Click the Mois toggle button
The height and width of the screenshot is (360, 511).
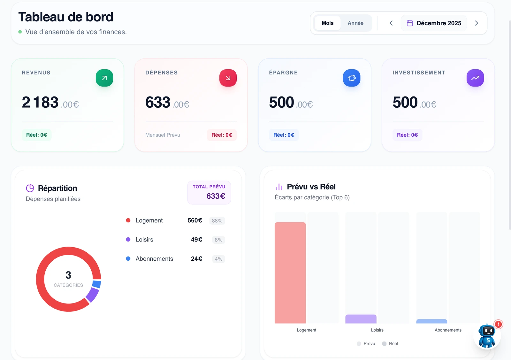[327, 23]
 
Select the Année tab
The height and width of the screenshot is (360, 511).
[355, 23]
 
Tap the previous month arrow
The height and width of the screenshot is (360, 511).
[391, 23]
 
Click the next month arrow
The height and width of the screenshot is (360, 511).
[476, 23]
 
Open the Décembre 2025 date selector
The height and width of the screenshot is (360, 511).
[434, 23]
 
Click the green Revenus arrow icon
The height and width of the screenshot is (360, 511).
[104, 78]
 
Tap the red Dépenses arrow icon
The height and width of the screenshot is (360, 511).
[228, 78]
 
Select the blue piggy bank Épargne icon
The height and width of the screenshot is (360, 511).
[352, 78]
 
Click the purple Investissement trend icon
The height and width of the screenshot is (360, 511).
[475, 78]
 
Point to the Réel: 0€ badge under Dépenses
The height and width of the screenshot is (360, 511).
[222, 135]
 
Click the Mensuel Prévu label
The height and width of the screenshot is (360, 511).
[163, 135]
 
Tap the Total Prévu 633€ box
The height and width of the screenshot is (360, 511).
[209, 193]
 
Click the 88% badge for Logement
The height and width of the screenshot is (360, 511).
[217, 221]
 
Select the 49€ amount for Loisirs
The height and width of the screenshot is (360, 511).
[196, 240]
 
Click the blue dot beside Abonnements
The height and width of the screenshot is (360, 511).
[128, 259]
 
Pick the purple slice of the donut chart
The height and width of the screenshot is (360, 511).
[92, 295]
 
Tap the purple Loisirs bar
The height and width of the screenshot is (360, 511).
[361, 319]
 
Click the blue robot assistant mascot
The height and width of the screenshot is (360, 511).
[487, 336]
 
